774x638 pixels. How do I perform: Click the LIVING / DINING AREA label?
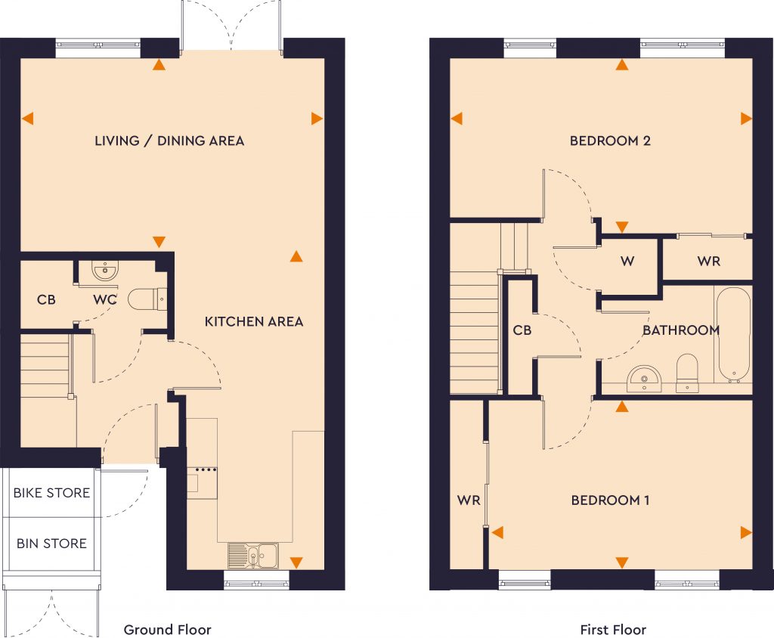[169, 141]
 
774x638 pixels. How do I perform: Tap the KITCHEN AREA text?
[254, 321]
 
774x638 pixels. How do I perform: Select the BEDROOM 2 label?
[610, 141]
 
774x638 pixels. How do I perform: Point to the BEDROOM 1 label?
[610, 500]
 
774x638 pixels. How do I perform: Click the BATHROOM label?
[680, 330]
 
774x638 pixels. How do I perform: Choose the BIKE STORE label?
[51, 493]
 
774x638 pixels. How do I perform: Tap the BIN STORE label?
[51, 544]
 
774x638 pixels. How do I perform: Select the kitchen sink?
[253, 556]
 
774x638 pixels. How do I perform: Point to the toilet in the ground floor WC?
[147, 299]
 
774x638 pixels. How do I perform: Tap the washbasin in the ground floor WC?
[104, 270]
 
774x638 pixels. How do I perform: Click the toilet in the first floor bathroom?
[687, 372]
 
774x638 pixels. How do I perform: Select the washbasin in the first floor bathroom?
[645, 376]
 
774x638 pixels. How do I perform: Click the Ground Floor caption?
[167, 629]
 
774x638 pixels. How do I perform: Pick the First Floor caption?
[613, 629]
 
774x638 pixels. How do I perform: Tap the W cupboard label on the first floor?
[627, 262]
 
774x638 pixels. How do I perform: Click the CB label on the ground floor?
[46, 299]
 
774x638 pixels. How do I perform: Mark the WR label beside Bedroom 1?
[469, 500]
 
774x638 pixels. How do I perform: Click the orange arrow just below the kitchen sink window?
[296, 562]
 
